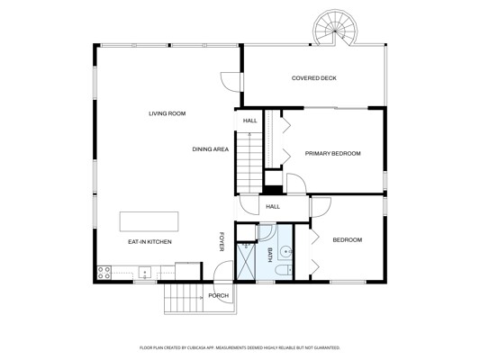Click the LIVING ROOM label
click(168, 113)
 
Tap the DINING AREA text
click(211, 149)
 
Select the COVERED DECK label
click(314, 78)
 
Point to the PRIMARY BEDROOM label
click(332, 154)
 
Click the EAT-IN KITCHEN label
click(149, 242)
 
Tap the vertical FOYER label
click(222, 241)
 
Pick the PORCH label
click(219, 296)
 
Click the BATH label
click(270, 255)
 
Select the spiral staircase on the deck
click(335, 28)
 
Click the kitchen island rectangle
click(149, 221)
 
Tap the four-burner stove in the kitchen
click(104, 273)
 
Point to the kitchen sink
click(144, 272)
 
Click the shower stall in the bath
click(246, 261)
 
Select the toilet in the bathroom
click(284, 270)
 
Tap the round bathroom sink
click(285, 252)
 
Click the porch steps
click(184, 298)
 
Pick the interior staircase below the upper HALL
click(249, 162)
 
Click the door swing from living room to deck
click(231, 82)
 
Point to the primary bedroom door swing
click(296, 184)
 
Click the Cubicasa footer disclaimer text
click(240, 347)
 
